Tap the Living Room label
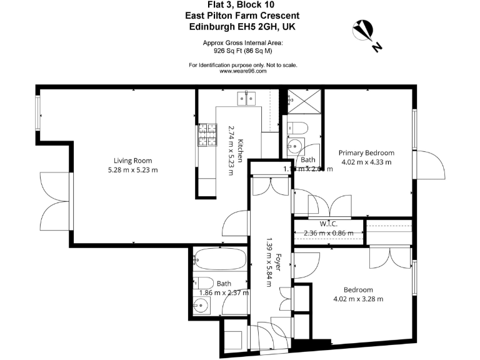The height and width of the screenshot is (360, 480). (x=132, y=161)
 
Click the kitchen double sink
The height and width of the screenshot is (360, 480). (x=245, y=98)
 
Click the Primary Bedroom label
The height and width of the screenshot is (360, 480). (x=366, y=153)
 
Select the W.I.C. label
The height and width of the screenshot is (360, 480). (x=328, y=224)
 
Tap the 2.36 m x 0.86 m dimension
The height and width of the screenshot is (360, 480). (x=328, y=233)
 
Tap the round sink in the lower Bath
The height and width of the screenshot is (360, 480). (x=201, y=306)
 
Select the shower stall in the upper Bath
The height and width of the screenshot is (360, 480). (x=304, y=101)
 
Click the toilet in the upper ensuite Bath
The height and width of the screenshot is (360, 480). (x=298, y=129)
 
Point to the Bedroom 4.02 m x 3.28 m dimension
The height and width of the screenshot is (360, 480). (x=358, y=299)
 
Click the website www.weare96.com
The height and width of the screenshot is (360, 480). (x=243, y=71)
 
